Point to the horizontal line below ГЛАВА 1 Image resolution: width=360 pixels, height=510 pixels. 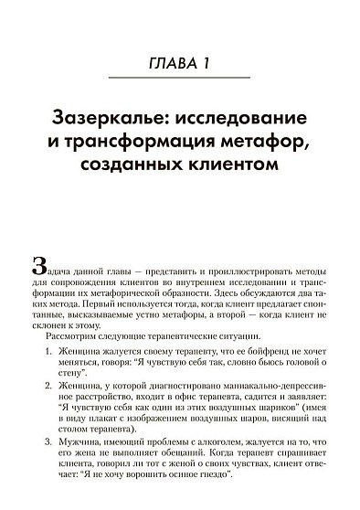179,81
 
